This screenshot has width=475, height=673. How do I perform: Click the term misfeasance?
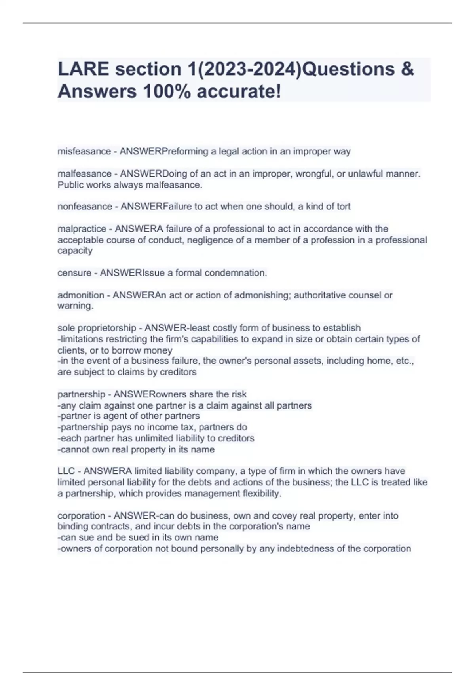pyautogui.click(x=84, y=151)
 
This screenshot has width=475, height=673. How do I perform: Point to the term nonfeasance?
pyautogui.click(x=85, y=206)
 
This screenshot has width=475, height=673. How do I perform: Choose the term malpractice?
pyautogui.click(x=82, y=229)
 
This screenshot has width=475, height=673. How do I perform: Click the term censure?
pyautogui.click(x=74, y=273)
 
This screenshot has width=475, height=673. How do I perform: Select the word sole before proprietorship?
pyautogui.click(x=66, y=328)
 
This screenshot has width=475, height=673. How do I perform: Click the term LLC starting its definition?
pyautogui.click(x=66, y=471)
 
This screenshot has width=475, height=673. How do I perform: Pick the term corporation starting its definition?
pyautogui.click(x=81, y=515)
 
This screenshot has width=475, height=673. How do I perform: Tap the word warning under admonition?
pyautogui.click(x=75, y=306)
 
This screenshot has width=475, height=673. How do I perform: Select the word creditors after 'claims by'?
pyautogui.click(x=178, y=372)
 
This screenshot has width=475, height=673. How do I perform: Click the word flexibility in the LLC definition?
pyautogui.click(x=261, y=493)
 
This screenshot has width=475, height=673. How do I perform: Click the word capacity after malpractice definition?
pyautogui.click(x=75, y=251)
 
